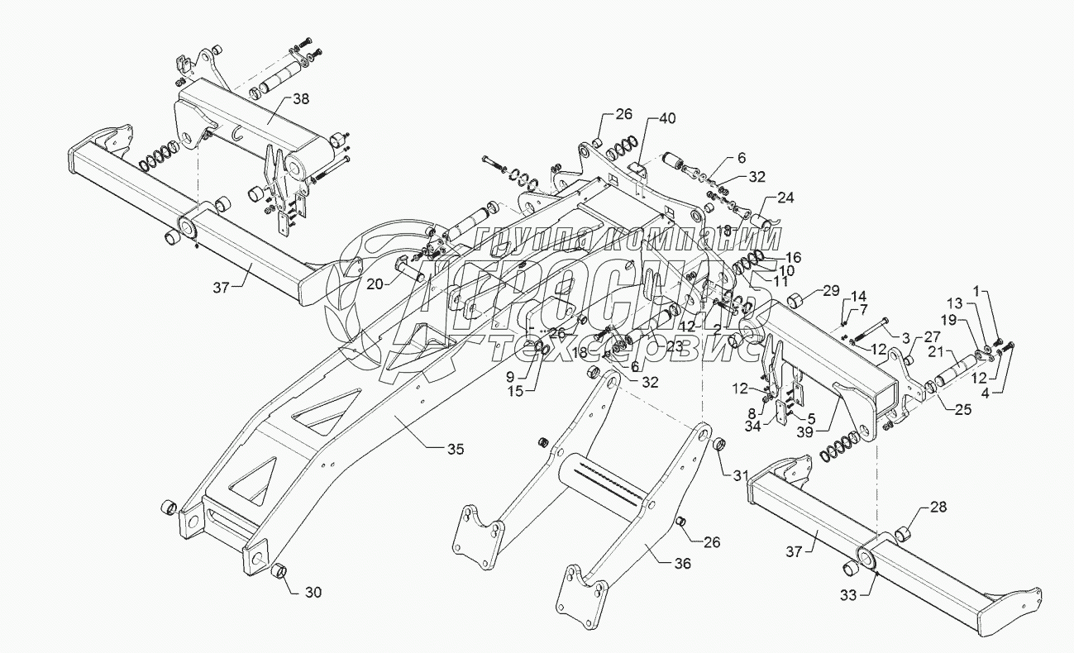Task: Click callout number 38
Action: (301, 98)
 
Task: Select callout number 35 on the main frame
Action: (455, 449)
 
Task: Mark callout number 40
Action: (666, 119)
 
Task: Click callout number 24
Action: (785, 198)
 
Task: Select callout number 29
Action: (830, 291)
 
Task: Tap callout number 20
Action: (375, 284)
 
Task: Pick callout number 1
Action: (1001, 292)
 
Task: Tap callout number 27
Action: (932, 337)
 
